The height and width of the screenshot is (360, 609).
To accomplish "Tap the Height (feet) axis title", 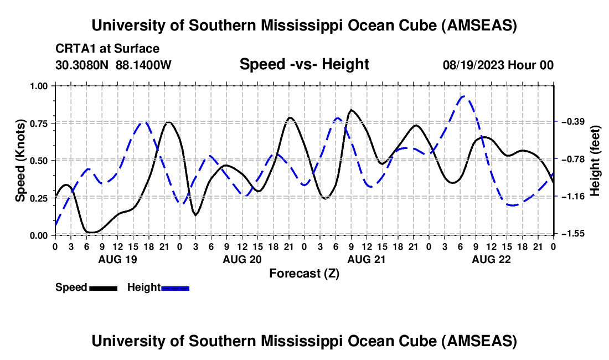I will click(595, 161).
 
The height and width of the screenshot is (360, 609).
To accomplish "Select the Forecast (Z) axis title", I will click(304, 273).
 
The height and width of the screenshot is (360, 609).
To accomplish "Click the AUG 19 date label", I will click(117, 259).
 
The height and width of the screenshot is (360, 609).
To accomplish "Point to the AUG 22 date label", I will click(491, 259).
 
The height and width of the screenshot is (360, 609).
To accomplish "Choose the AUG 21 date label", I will click(366, 259).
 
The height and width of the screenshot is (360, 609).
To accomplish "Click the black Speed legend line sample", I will click(102, 288).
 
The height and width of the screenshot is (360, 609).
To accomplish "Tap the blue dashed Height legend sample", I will click(175, 288).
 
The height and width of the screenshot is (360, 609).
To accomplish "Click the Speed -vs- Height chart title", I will click(304, 64).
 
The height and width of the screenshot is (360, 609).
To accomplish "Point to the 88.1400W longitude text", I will click(143, 65).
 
